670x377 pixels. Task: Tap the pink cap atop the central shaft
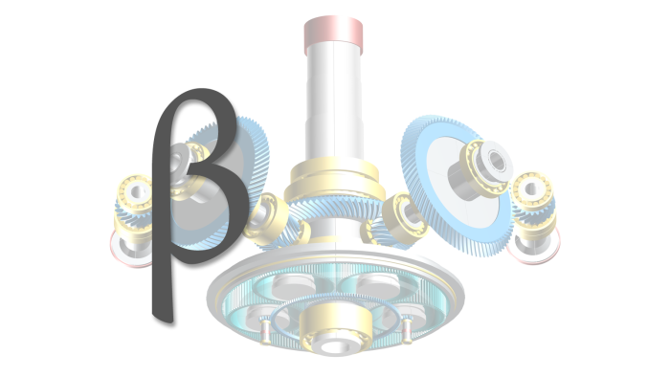(333, 35)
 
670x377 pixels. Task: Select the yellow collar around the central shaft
(333, 180)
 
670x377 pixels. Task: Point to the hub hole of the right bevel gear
(497, 161)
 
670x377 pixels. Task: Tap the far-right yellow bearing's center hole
(531, 188)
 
